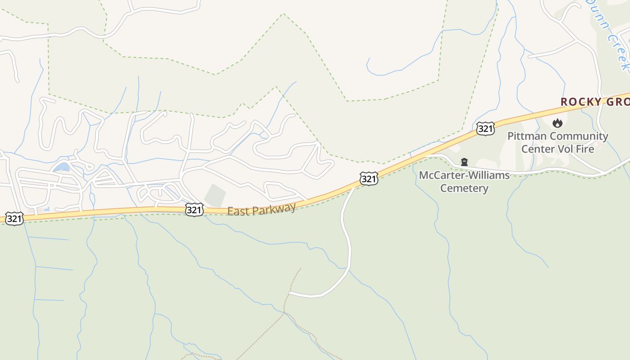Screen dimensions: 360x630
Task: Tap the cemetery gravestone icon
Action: pos(464,162)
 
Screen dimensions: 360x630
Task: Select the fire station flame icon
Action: pos(558,122)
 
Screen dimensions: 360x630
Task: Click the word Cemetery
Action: pos(464,188)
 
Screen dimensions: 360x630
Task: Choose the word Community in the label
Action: pos(579,136)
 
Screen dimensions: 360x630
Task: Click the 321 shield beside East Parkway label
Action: pos(194,210)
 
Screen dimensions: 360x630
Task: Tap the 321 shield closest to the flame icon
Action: pos(486,129)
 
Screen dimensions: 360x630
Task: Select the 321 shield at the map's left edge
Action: pos(14,219)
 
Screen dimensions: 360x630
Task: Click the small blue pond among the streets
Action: pos(62,167)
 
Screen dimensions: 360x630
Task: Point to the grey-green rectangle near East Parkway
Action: pos(216,196)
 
